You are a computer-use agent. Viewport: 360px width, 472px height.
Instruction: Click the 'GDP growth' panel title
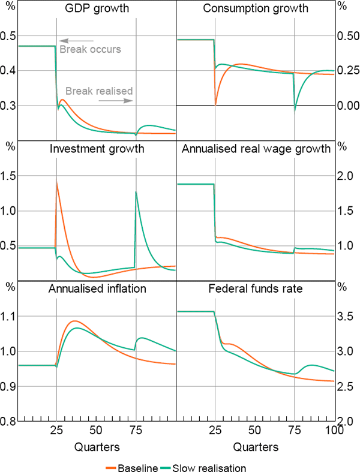point(97,9)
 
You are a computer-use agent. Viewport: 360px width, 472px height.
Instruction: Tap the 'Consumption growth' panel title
point(256,9)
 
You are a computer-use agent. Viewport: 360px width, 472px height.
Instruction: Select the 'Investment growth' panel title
point(97,149)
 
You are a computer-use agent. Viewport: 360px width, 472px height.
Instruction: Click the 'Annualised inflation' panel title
point(97,289)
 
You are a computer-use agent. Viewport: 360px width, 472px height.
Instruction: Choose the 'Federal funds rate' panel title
point(256,289)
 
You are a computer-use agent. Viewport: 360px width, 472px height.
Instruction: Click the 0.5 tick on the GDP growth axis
point(9,36)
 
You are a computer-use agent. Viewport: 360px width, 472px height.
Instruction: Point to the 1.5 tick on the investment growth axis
point(9,177)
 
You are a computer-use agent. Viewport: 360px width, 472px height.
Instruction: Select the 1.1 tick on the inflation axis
point(9,317)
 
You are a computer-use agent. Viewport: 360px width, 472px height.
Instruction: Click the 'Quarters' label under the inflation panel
point(97,446)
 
